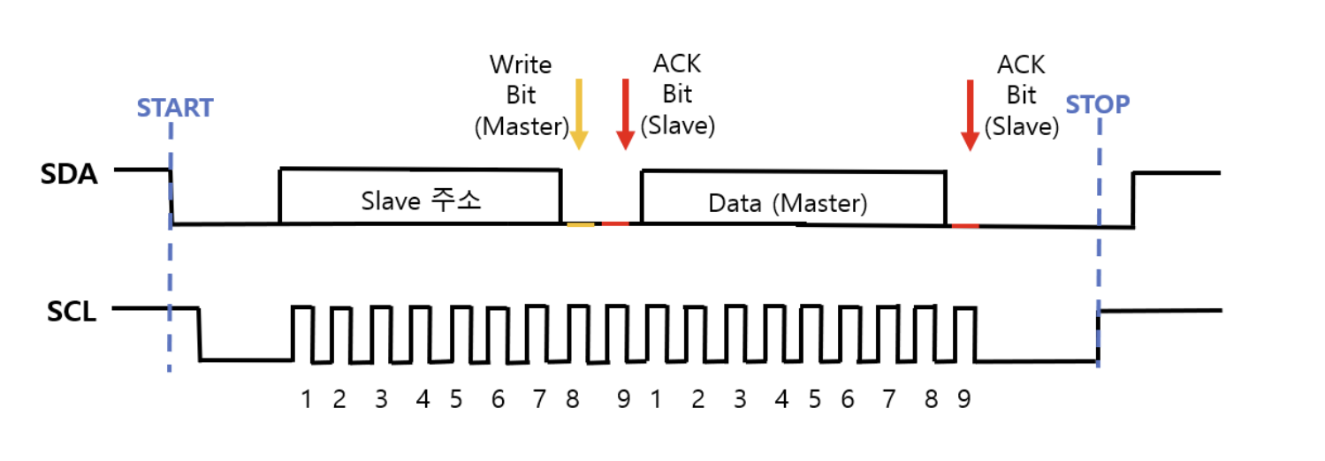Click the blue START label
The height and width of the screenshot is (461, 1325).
tap(175, 108)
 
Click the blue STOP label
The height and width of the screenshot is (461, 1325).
tap(1098, 105)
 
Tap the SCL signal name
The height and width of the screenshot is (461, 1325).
tap(68, 312)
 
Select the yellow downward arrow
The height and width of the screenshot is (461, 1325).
tap(578, 113)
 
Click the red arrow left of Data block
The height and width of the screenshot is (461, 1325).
tap(626, 113)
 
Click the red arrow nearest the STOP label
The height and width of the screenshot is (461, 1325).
tap(970, 113)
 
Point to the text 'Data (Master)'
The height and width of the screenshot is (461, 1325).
tap(788, 203)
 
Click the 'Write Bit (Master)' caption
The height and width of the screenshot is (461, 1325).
tap(521, 95)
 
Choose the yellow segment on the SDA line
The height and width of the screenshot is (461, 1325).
tap(580, 224)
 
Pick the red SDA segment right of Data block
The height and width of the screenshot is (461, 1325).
tap(965, 226)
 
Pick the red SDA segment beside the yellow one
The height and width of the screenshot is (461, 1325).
tap(615, 224)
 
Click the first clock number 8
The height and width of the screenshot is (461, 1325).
tap(573, 399)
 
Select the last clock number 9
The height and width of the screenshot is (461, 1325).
tap(963, 399)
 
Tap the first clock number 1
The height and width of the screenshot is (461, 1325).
tap(306, 399)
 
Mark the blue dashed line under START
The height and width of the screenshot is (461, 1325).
tap(169, 265)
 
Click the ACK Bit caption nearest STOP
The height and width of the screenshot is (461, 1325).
tap(1021, 95)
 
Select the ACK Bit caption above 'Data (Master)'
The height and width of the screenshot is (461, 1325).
tap(677, 95)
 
